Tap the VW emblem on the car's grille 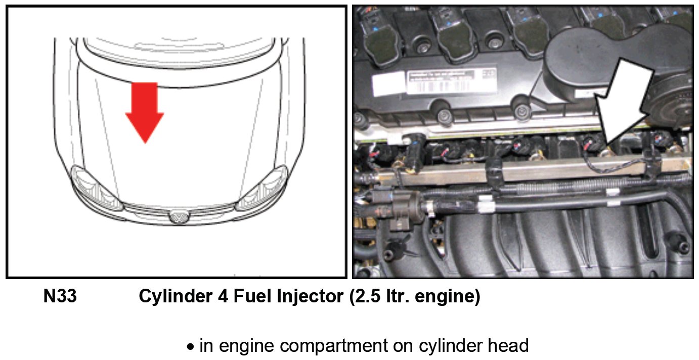click(177, 217)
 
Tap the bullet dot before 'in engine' click(191, 347)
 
